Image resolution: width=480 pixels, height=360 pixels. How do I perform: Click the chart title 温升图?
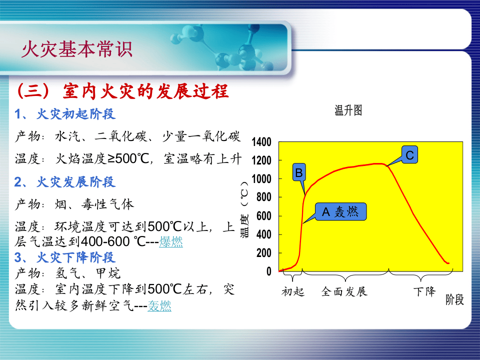click(348, 111)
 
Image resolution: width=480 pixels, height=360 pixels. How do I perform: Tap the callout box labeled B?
click(298, 173)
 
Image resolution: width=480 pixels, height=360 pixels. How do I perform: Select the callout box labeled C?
click(409, 155)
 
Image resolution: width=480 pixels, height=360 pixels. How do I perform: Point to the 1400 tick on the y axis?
click(261, 142)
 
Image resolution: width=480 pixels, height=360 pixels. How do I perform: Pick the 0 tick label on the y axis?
click(268, 271)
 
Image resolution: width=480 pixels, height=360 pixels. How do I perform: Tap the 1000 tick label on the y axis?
click(261, 179)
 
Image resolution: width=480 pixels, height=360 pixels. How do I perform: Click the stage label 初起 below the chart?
click(292, 291)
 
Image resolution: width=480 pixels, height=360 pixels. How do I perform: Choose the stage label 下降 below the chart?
click(424, 291)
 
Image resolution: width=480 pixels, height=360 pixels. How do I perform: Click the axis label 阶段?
click(454, 299)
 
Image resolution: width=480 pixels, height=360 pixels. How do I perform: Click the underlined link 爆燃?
click(171, 242)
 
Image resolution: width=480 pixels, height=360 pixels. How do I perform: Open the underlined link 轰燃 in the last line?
click(159, 306)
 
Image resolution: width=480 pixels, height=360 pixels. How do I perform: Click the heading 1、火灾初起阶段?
click(65, 114)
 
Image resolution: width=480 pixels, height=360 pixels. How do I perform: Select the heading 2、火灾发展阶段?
click(65, 182)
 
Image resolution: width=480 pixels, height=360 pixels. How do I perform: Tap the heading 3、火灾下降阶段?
click(65, 257)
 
